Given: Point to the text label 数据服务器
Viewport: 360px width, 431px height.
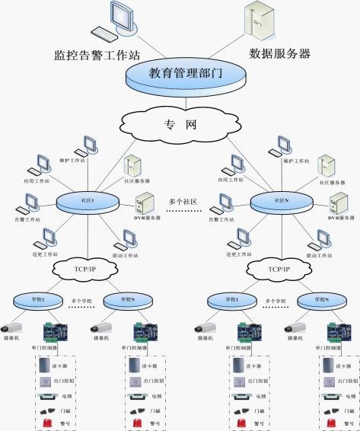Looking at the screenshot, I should click(280, 54).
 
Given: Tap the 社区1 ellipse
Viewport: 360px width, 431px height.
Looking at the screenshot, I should click(88, 201).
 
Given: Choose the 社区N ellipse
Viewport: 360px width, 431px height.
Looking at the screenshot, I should click(282, 201).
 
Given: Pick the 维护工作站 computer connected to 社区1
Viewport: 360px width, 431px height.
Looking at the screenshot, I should click(89, 145).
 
